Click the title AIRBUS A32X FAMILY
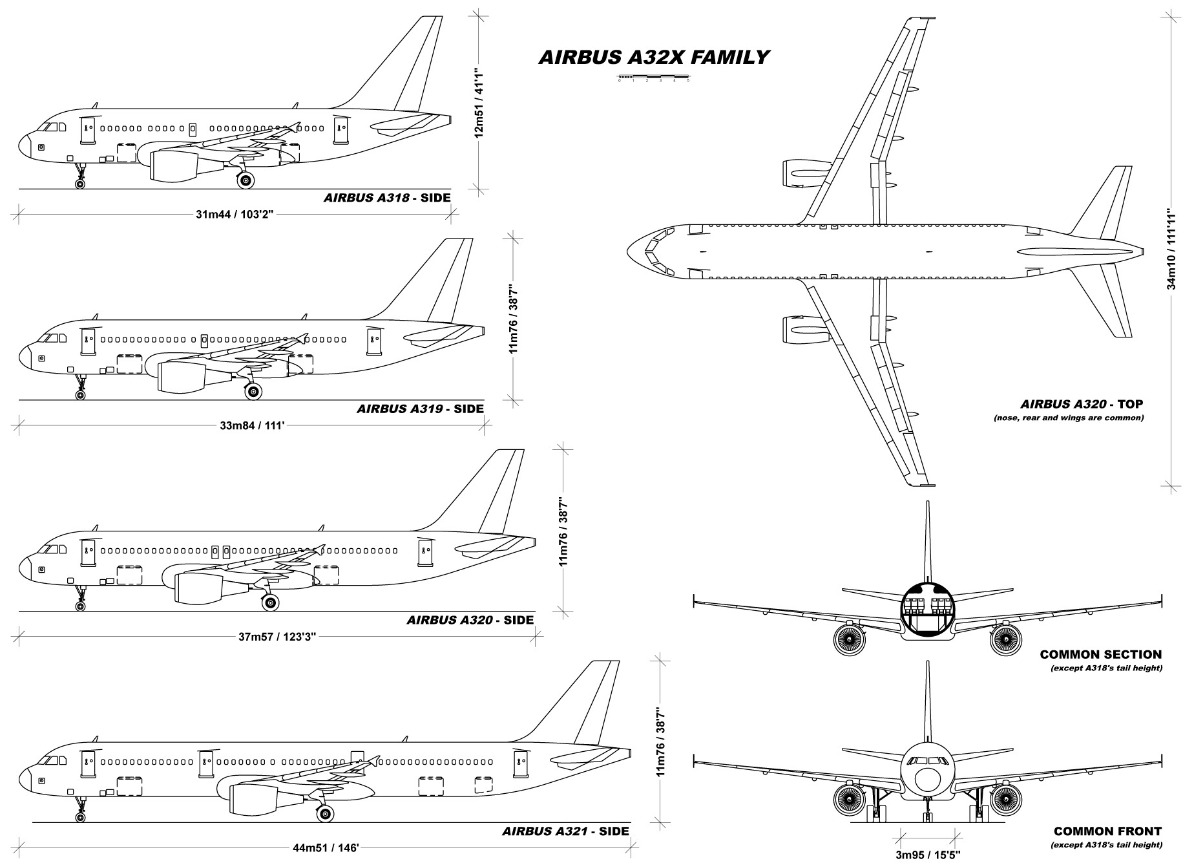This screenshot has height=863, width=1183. pos(653,58)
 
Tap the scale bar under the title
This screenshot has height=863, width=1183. pos(653,78)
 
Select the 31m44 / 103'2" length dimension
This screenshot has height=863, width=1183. pos(235,214)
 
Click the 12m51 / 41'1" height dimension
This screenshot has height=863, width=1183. pos(479,102)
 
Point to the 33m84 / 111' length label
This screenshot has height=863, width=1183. pos(252,425)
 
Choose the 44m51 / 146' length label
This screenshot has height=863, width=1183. pos(326,847)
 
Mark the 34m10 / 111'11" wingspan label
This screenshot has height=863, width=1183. pos(1171,248)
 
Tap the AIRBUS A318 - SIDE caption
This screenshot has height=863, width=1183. pos(386,198)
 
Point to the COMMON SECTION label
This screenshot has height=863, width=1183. pos(1100,654)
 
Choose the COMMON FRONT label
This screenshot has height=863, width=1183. pos(1107,831)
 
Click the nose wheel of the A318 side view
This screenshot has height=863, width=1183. pos(80,184)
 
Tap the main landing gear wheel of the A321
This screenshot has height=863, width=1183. pos(325,813)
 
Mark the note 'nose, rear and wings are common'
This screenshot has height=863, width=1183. pos(1069,418)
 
